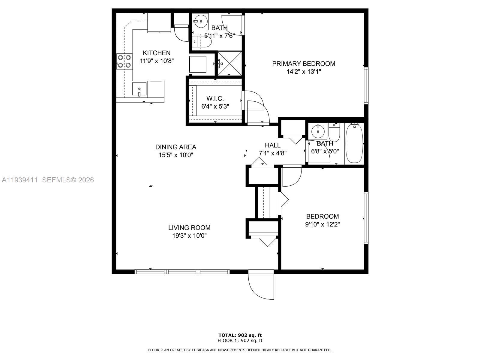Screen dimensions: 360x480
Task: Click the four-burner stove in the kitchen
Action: [x=124, y=61]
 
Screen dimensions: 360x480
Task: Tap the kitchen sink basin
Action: [x=139, y=89]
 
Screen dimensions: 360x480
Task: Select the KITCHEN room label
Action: [x=157, y=53]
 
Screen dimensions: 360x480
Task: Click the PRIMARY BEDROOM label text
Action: [x=304, y=64]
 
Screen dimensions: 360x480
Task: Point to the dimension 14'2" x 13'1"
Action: [x=304, y=72]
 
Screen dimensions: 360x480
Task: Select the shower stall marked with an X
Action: [x=229, y=64]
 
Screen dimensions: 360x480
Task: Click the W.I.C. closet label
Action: [x=215, y=98]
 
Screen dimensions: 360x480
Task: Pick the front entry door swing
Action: [x=260, y=285]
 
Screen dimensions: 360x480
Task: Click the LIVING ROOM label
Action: [x=189, y=228]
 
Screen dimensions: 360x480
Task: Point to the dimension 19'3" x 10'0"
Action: [x=189, y=236]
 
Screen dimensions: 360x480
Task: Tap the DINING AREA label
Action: [x=176, y=147]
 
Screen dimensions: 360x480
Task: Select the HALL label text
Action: [x=273, y=145]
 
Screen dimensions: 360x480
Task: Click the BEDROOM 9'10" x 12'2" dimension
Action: [x=322, y=224]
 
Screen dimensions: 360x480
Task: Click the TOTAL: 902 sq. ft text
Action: [x=240, y=335]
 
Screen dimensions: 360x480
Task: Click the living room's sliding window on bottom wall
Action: [x=182, y=272]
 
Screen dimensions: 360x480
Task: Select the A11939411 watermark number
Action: [x=20, y=180]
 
